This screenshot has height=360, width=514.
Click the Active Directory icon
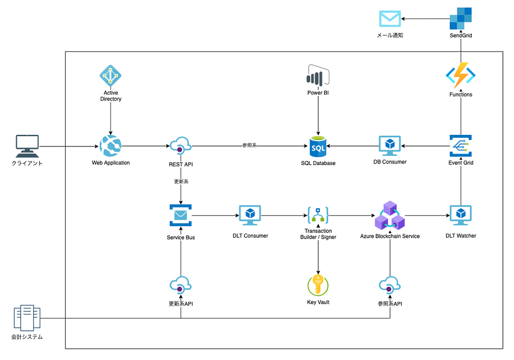pyautogui.click(x=110, y=75)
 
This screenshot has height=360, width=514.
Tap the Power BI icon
pyautogui.click(x=318, y=76)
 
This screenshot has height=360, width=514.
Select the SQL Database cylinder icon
pyautogui.click(x=318, y=146)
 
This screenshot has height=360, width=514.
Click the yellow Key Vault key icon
pyautogui.click(x=318, y=285)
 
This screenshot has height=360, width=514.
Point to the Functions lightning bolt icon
pyautogui.click(x=460, y=76)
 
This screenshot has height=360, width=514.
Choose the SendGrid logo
pyautogui.click(x=460, y=19)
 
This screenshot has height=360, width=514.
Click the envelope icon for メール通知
pyautogui.click(x=390, y=19)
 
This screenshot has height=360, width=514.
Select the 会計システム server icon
pyautogui.click(x=27, y=317)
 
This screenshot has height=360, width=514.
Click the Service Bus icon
pyautogui.click(x=181, y=216)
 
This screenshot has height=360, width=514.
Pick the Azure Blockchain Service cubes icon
pyautogui.click(x=390, y=216)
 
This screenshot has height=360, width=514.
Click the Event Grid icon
pyautogui.click(x=460, y=146)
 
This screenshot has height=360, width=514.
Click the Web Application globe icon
pyautogui.click(x=110, y=146)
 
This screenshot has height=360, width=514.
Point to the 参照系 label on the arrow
pyautogui.click(x=249, y=146)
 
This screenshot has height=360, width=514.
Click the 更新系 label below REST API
pyautogui.click(x=181, y=182)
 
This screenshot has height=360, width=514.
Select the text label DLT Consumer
pyautogui.click(x=250, y=236)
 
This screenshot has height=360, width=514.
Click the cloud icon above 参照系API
pyautogui.click(x=390, y=286)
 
